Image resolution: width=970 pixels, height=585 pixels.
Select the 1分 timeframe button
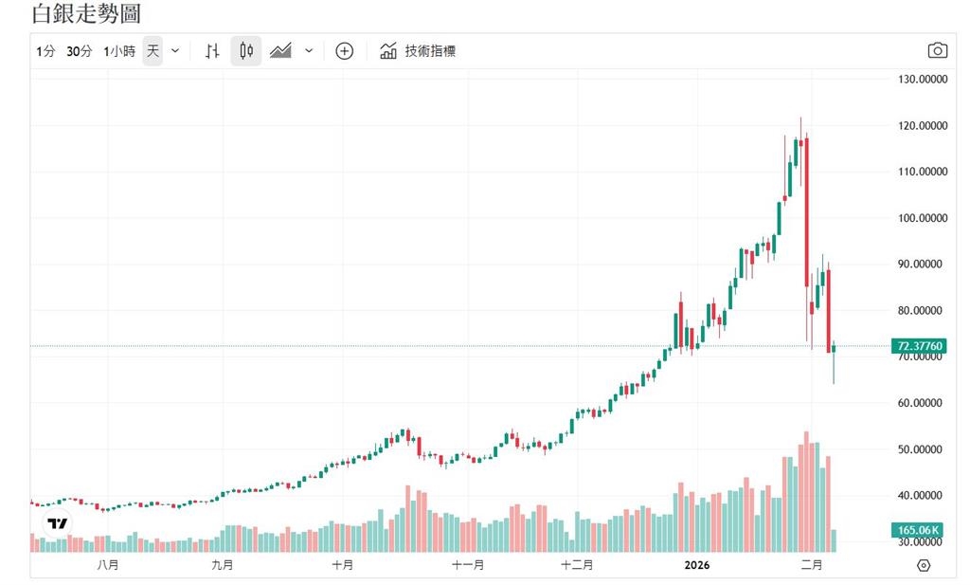45,51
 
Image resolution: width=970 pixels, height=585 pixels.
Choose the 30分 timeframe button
80,51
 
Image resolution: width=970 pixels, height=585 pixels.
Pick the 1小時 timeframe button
119,51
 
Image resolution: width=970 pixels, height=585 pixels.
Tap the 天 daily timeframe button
153,51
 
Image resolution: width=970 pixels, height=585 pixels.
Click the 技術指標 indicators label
430,51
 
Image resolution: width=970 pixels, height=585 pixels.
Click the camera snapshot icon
937,51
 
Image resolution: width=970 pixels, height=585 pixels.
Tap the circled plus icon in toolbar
345,51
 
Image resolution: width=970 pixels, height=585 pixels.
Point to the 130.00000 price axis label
923,80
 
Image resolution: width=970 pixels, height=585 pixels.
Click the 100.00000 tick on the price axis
923,218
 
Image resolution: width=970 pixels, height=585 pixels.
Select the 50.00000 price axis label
923,449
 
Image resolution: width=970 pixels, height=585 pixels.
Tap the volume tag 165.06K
918,530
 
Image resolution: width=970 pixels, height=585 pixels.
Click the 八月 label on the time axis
108,564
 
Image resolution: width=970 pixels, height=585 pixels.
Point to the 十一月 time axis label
468,564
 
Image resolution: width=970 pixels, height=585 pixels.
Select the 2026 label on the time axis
698,564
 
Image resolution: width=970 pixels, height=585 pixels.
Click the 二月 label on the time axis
811,564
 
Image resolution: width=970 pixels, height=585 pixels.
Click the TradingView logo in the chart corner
58,523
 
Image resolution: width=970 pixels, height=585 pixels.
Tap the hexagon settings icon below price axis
924,565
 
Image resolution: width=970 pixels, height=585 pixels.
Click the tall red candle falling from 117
806,209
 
